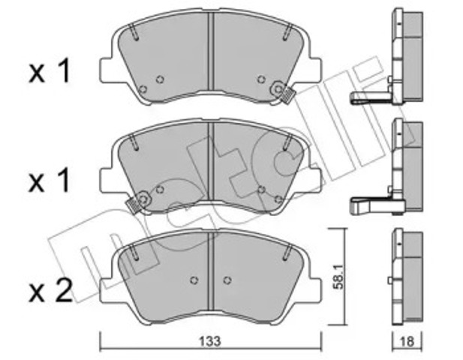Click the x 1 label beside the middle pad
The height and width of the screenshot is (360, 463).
click(x=50, y=181)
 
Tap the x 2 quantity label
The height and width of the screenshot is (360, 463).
click(x=50, y=289)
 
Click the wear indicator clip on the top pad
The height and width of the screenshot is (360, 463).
click(x=285, y=94)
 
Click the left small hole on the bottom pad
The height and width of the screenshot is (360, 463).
click(x=194, y=280)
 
